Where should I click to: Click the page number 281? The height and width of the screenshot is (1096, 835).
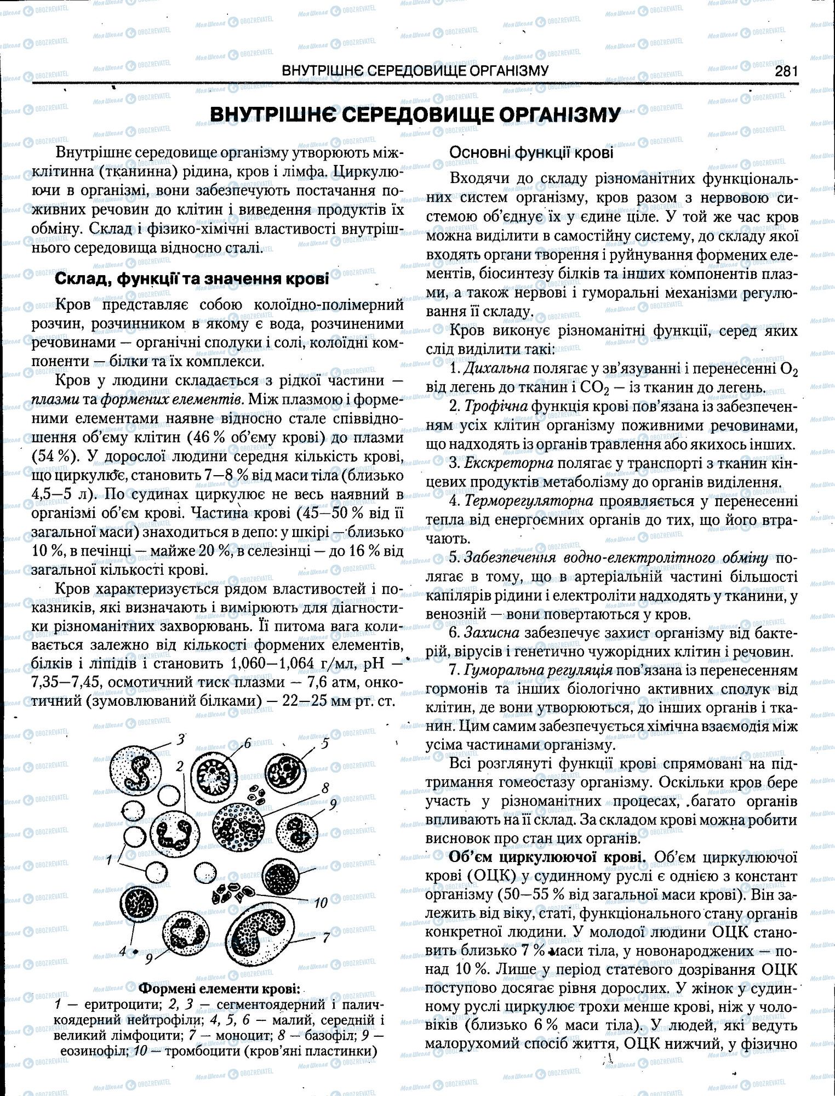[x=785, y=71]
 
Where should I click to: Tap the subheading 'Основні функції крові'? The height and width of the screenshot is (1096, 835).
[x=531, y=153]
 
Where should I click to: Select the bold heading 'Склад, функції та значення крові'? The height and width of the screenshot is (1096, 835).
[x=191, y=279]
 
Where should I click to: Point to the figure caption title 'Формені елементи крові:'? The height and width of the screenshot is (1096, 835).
[x=220, y=989]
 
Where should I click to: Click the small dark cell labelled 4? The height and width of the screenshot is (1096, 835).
[x=134, y=905]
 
